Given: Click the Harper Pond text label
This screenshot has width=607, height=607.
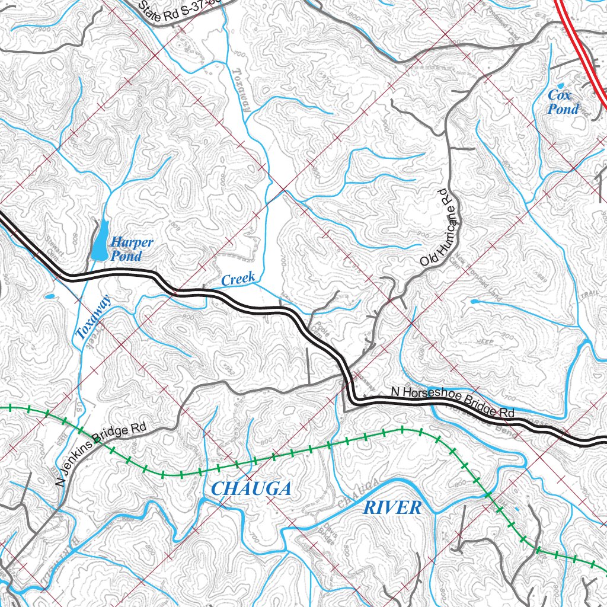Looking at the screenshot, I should pyautogui.click(x=132, y=249).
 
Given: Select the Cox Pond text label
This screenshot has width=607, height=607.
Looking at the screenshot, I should pyautogui.click(x=563, y=102).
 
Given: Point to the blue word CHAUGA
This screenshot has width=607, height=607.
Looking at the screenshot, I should pyautogui.click(x=251, y=489).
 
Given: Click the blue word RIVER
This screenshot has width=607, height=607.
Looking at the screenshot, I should pyautogui.click(x=392, y=507).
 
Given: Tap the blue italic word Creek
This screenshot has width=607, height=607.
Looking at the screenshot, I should pyautogui.click(x=238, y=279).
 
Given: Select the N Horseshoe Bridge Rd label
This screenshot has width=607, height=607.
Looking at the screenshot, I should pyautogui.click(x=452, y=402).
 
